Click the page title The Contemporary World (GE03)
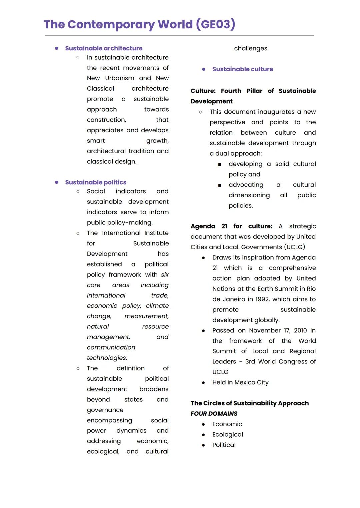(x=139, y=24)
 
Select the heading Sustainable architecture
(x=104, y=48)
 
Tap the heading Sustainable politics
(x=96, y=182)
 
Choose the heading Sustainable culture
(x=243, y=69)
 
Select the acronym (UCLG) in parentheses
(x=295, y=247)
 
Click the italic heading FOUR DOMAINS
(x=214, y=414)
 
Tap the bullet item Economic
(x=227, y=424)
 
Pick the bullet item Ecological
(x=228, y=434)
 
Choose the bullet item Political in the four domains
(x=224, y=445)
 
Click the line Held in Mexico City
(x=240, y=382)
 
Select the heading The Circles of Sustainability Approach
(x=250, y=403)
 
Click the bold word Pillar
(x=254, y=91)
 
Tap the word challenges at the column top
(x=251, y=49)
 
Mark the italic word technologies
(x=107, y=358)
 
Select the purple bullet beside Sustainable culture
(x=204, y=69)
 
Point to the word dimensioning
(x=249, y=195)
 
